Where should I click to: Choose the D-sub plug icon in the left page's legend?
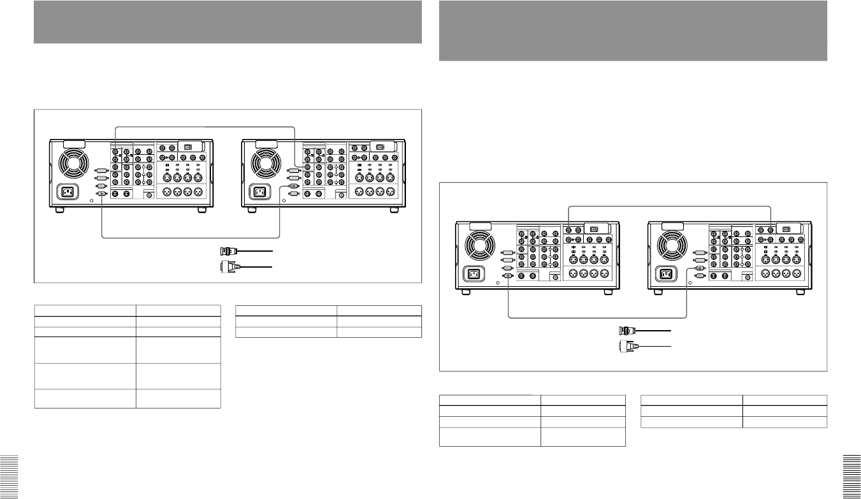pos(227,265)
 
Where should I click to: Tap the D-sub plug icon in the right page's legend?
pos(627,346)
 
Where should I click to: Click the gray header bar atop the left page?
pos(228,22)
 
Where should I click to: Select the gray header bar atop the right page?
pos(633,31)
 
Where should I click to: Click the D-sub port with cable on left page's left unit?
pos(101,194)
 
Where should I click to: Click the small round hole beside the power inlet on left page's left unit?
pos(92,199)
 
